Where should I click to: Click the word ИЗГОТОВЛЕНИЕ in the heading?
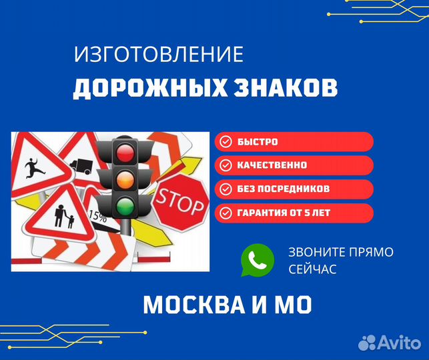[159, 54]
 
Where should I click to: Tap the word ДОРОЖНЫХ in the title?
[150, 88]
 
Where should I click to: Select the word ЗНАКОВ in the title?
[286, 87]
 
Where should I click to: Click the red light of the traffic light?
[125, 152]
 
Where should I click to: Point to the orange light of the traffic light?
[125, 179]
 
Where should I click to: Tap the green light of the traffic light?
[125, 206]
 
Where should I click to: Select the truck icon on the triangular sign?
[81, 166]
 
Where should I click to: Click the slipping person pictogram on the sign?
[34, 168]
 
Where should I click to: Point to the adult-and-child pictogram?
[64, 216]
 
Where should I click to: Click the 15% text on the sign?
[97, 216]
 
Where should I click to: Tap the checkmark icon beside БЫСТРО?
[226, 141]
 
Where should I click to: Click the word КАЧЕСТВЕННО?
[272, 165]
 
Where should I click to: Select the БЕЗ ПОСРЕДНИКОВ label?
[283, 189]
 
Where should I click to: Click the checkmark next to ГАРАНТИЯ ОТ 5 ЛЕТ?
[226, 213]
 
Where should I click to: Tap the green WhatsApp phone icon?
[257, 260]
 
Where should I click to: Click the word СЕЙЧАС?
[312, 269]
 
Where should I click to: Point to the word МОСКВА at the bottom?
[194, 305]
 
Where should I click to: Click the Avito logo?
[390, 342]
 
